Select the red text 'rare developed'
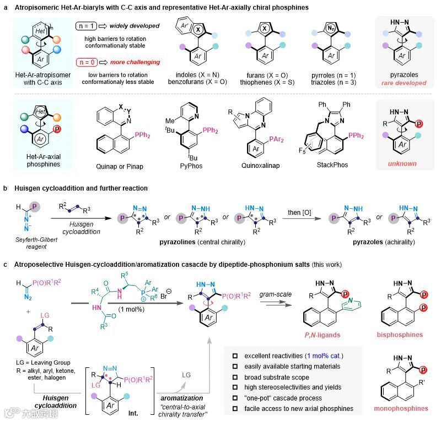400,83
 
